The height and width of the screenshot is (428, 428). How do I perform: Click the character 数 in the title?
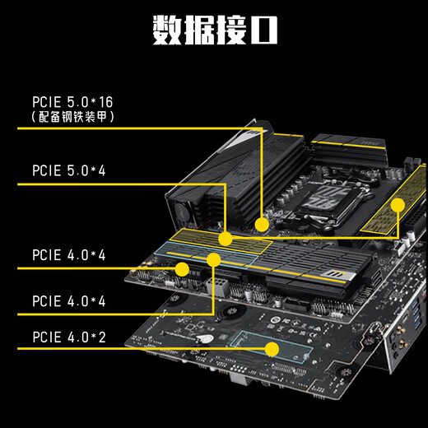169,29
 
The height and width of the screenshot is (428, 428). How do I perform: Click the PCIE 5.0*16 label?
72,102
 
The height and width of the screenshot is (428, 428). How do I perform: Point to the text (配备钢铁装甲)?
72,118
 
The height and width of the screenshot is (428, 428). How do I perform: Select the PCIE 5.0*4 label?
68,172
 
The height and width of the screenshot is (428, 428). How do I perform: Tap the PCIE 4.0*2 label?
68,337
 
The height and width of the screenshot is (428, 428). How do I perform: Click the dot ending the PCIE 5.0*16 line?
261,223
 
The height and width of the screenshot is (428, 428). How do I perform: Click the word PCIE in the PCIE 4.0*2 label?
49,337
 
